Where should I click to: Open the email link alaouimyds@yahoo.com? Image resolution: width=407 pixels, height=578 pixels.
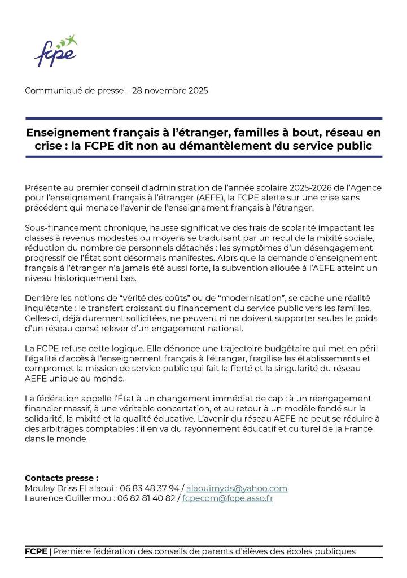(237, 488)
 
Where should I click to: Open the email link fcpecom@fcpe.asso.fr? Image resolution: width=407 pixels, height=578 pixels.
(227, 499)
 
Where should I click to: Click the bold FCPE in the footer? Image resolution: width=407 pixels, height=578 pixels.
(36, 551)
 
